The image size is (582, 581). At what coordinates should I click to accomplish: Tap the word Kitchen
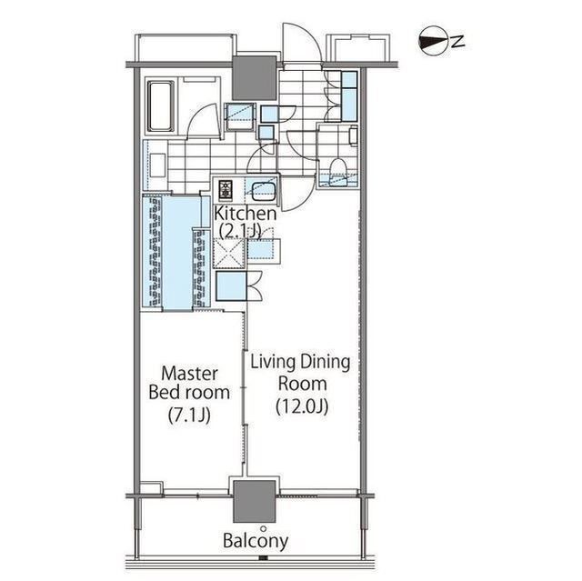pyautogui.click(x=246, y=214)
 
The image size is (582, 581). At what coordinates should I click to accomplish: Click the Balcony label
pyautogui.click(x=256, y=541)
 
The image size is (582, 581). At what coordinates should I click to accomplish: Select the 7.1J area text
pyautogui.click(x=189, y=415)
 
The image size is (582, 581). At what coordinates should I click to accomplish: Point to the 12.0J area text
pyautogui.click(x=302, y=407)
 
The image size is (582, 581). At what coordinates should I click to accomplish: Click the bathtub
pyautogui.click(x=161, y=105)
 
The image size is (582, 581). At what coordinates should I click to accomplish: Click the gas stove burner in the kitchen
pyautogui.click(x=226, y=190)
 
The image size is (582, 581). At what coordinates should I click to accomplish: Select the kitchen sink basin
pyautogui.click(x=263, y=190)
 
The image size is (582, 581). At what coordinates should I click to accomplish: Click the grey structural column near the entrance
pyautogui.click(x=255, y=77)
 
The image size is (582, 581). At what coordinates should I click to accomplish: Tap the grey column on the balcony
pyautogui.click(x=255, y=502)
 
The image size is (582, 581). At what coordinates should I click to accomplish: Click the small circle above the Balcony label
pyautogui.click(x=264, y=528)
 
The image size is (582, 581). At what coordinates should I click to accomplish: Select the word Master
pyautogui.click(x=189, y=374)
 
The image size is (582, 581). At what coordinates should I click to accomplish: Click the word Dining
pyautogui.click(x=326, y=362)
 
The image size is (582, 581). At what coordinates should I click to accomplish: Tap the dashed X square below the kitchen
pyautogui.click(x=229, y=254)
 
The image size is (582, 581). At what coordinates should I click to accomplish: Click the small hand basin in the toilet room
pyautogui.click(x=354, y=135)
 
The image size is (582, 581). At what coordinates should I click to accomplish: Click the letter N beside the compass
pyautogui.click(x=458, y=41)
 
